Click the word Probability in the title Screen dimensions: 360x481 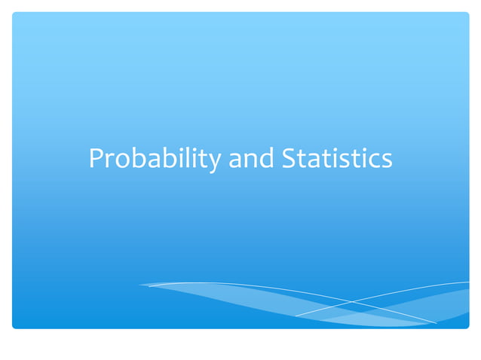tap(155, 159)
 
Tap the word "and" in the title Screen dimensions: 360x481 tap(251, 159)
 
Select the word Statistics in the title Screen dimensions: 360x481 tap(336, 159)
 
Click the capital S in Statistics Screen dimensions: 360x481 tap(288, 159)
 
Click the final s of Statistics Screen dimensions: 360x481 tap(386, 160)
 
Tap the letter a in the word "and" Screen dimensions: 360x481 tap(236, 160)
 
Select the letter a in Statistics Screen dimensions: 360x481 tap(313, 160)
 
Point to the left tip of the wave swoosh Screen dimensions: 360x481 tap(140, 285)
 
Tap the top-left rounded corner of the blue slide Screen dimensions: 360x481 tap(15, 15)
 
